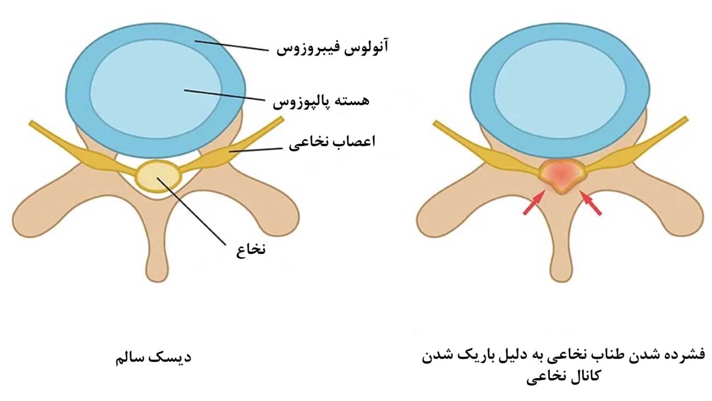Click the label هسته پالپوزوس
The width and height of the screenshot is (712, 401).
321,100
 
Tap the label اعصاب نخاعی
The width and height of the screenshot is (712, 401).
332,143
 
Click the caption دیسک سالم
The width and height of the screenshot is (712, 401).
153,358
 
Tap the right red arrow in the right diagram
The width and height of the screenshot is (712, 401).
591,203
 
